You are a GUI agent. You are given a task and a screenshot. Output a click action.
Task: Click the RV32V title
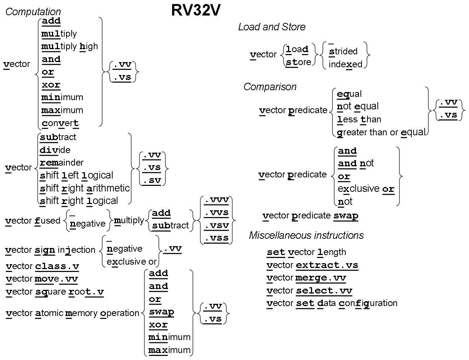[196, 10]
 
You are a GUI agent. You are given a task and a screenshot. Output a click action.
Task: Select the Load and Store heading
[272, 27]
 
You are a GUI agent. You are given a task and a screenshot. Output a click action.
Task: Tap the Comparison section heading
[270, 87]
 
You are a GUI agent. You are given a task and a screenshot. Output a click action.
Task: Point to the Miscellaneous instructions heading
[306, 235]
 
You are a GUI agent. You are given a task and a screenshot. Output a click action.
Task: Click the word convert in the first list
[60, 123]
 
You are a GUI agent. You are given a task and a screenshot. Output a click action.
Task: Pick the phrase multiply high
[69, 47]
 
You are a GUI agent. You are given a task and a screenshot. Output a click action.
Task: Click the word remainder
[62, 163]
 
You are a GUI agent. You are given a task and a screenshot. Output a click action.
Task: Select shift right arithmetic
[85, 188]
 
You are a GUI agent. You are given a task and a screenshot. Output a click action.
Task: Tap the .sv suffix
[152, 180]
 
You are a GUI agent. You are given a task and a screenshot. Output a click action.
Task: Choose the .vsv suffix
[216, 225]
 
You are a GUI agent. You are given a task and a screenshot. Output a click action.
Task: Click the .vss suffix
[216, 238]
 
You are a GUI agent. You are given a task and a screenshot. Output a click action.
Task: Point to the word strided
[343, 51]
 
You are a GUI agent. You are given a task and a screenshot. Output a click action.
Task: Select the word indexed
[345, 64]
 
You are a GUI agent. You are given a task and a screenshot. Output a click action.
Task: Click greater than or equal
[381, 132]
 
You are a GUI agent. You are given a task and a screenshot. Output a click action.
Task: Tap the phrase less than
[359, 119]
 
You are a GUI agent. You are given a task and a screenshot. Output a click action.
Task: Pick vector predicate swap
[310, 216]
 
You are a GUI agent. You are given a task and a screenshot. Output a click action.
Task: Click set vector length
[306, 252]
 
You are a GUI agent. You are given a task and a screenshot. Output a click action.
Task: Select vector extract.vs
[312, 265]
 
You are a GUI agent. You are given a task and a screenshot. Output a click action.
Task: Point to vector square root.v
[55, 292]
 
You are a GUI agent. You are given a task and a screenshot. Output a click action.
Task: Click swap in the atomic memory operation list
[161, 312]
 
